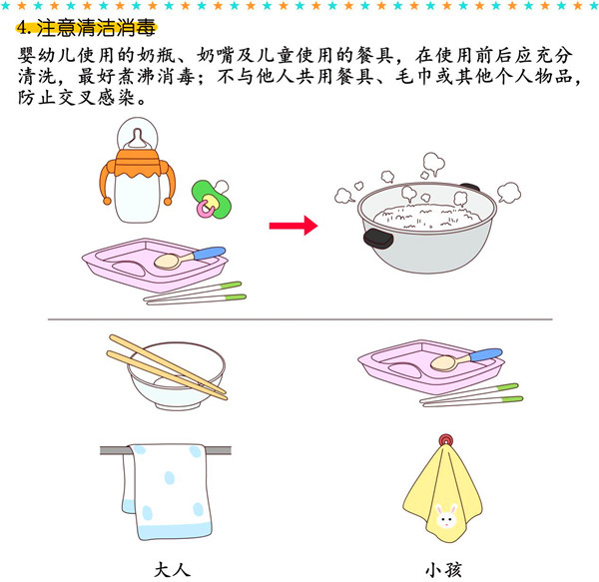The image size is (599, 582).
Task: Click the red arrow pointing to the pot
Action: [294, 226]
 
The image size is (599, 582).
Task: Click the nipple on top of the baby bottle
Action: [137, 139]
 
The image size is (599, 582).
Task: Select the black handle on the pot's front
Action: [378, 239]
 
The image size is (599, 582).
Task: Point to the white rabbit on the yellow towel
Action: [446, 516]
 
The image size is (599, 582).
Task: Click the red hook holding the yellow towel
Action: [446, 440]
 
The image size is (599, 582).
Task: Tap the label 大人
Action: [173, 570]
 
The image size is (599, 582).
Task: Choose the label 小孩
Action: [443, 570]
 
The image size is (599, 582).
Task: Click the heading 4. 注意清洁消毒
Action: [86, 28]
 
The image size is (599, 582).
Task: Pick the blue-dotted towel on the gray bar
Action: [168, 491]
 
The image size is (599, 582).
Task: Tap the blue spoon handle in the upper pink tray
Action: [210, 253]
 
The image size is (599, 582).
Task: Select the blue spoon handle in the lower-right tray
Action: [486, 354]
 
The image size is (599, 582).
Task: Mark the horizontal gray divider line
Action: [299, 319]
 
